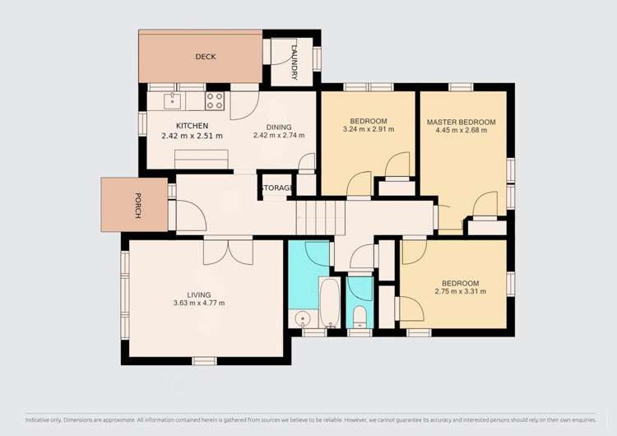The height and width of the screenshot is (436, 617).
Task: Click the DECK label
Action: click(205, 57)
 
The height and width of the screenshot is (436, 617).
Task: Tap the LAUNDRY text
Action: click(295, 61)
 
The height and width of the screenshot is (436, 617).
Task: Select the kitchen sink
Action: click(173, 101)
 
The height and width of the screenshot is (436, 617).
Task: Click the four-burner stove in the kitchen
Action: click(215, 100)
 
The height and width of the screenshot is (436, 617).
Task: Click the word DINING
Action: click(279, 126)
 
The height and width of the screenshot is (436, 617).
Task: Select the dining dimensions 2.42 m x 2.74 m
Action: click(279, 136)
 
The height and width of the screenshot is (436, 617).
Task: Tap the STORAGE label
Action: click(277, 188)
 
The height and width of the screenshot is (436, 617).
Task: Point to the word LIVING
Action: click(198, 295)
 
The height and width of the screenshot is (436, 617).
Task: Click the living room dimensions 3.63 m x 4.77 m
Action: click(198, 304)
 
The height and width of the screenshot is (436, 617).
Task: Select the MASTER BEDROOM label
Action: click(461, 122)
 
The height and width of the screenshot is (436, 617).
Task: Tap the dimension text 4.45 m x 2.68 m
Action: click(461, 131)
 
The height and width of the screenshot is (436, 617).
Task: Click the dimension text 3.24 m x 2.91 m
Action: click(368, 130)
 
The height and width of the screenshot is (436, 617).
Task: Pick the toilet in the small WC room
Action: click(360, 317)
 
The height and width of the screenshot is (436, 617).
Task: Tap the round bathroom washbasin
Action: click(303, 319)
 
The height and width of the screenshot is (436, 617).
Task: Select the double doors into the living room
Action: click(229, 249)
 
